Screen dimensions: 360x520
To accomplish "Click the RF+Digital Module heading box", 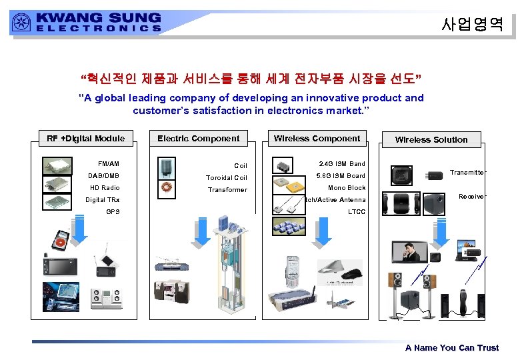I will point(86,139).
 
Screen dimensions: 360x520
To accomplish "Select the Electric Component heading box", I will point(198,139).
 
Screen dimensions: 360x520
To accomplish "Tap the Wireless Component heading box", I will point(317,139).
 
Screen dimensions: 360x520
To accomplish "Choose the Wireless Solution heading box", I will point(431,139).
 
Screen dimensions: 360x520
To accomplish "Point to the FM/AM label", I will point(109,163).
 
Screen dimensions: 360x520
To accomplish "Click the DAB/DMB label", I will point(104,176).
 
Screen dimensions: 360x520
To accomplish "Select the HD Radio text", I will point(105,188).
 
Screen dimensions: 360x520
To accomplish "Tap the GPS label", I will point(113,212).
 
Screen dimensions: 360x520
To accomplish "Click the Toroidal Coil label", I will point(227,178).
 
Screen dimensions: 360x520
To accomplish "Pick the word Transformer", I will point(227,190).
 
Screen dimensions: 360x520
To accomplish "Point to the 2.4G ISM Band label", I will point(342,164).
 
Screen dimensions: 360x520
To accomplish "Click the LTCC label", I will point(357,212).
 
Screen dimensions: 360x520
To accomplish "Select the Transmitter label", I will point(467,173).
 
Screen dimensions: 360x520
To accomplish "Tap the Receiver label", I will point(471,197).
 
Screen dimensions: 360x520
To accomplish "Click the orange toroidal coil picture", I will point(167,189).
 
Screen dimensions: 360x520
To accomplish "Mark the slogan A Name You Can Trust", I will point(452,348).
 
